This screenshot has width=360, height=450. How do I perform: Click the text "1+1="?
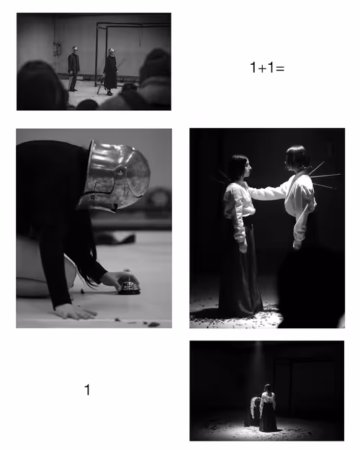(267, 68)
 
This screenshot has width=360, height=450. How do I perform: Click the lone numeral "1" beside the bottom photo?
(87, 390)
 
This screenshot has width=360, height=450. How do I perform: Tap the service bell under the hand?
(130, 287)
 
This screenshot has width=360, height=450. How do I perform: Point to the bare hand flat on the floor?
(76, 312)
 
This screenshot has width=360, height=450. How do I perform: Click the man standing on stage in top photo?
(73, 68)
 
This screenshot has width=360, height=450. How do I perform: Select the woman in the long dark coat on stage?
(111, 72)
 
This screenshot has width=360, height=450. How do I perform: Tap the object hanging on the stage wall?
(57, 50)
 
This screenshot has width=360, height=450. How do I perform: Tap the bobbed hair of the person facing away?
(298, 157)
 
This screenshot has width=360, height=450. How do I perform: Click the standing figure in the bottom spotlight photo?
(267, 408)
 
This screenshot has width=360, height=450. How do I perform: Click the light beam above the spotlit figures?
(259, 364)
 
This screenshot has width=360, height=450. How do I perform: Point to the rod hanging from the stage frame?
(140, 36)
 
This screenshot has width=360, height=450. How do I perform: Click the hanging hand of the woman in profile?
(243, 246)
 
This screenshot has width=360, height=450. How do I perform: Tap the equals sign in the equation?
(280, 68)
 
